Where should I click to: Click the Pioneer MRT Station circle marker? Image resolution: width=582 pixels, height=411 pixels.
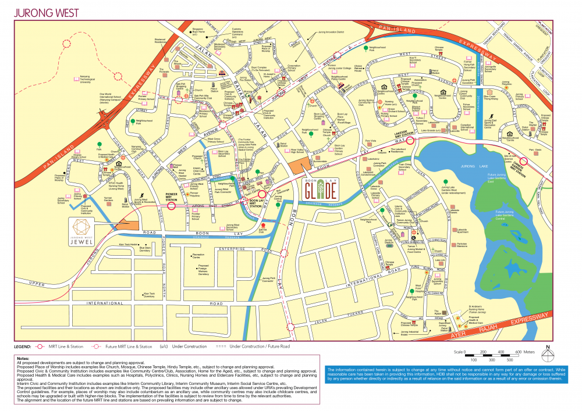tap(172, 205)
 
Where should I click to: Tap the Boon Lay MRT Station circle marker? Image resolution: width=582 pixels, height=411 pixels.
tap(262, 196)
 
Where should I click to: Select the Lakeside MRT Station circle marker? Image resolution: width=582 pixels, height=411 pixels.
tap(410, 140)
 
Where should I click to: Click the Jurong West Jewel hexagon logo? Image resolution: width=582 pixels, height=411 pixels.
tap(81, 226)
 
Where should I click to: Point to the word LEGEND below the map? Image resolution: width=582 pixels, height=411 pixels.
tap(23, 346)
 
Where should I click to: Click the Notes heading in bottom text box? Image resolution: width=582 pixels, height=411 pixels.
tap(23, 358)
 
